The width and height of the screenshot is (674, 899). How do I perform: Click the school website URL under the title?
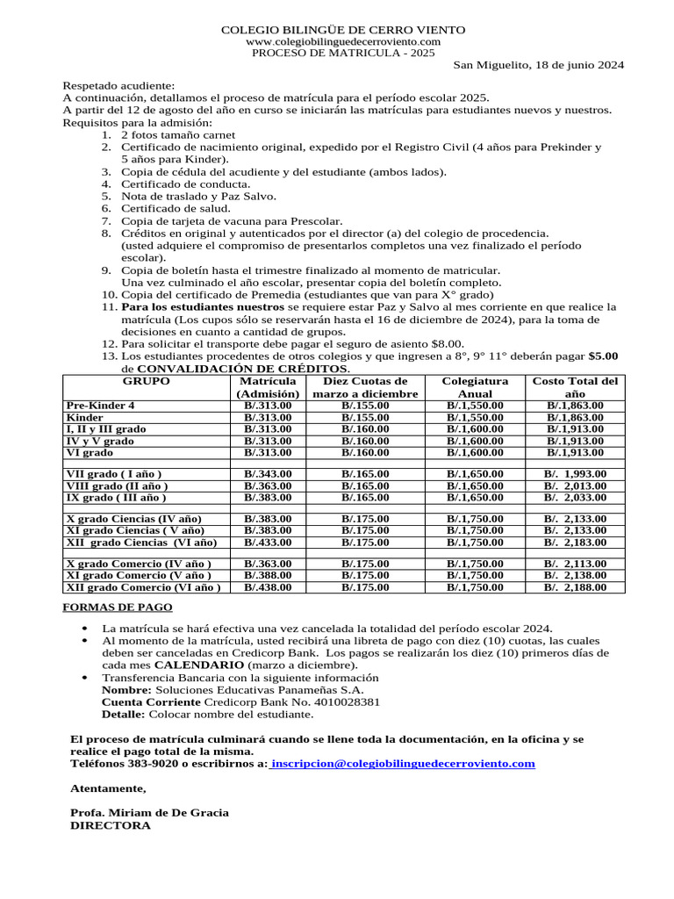pyautogui.click(x=343, y=41)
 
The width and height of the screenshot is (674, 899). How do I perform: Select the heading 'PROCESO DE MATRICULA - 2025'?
pyautogui.click(x=343, y=53)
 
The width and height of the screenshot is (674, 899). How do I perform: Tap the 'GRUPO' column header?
pyautogui.click(x=146, y=381)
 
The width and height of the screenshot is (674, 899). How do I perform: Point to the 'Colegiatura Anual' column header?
pyautogui.click(x=475, y=387)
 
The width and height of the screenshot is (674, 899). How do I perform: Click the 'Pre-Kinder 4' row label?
pyautogui.click(x=101, y=406)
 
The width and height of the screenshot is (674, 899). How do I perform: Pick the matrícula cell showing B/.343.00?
pyautogui.click(x=268, y=474)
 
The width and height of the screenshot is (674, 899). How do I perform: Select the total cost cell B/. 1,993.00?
pyautogui.click(x=575, y=474)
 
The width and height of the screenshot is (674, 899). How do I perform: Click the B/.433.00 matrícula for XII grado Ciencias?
pyautogui.click(x=268, y=543)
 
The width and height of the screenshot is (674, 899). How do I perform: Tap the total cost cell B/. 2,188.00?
pyautogui.click(x=575, y=587)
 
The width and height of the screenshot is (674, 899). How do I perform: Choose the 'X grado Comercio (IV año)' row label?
pyautogui.click(x=139, y=564)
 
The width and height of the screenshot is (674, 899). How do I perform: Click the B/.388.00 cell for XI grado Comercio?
pyautogui.click(x=268, y=575)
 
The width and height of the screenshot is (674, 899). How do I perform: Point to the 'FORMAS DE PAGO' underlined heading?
pyautogui.click(x=118, y=608)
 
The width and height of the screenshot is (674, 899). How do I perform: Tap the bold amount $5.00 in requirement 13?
pyautogui.click(x=603, y=356)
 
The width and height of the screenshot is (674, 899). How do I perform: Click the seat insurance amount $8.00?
pyautogui.click(x=448, y=343)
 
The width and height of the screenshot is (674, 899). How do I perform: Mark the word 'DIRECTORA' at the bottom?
pyautogui.click(x=110, y=826)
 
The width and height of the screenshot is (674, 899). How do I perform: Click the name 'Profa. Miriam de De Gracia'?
pyautogui.click(x=149, y=813)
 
